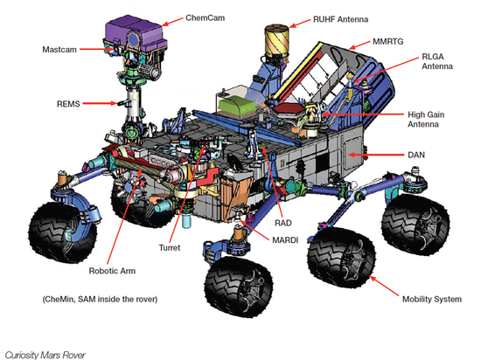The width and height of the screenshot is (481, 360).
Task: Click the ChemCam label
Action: coord(206,17)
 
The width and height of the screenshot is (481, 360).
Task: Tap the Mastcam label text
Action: coord(59,49)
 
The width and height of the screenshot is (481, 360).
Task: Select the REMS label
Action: coord(68,104)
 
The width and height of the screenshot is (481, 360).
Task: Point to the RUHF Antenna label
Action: coord(340,19)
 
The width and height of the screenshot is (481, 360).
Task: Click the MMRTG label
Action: coord(388,41)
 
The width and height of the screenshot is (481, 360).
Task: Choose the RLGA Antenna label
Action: coord(437,61)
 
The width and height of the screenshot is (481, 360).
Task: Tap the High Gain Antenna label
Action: coord(426,119)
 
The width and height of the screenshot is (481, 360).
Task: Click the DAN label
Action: coord(416,155)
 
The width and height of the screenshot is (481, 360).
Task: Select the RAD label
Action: coord(282,223)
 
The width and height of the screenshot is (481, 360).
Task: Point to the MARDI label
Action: coord(285,240)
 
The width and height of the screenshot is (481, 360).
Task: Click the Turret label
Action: coord(170,247)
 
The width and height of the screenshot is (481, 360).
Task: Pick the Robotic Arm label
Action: coord(112,271)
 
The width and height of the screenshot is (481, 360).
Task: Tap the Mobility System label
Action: coord(432,299)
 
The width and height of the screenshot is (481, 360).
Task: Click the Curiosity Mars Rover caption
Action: coord(45,355)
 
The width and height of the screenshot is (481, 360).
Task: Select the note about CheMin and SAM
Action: coord(100,299)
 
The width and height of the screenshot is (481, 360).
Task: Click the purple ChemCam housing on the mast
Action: coord(135,33)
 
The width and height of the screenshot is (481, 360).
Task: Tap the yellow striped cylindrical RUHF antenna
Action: coord(276,41)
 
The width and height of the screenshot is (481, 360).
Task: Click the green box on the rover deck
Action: coord(236,107)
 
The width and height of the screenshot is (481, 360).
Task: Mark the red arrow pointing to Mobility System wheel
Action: coord(385,286)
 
